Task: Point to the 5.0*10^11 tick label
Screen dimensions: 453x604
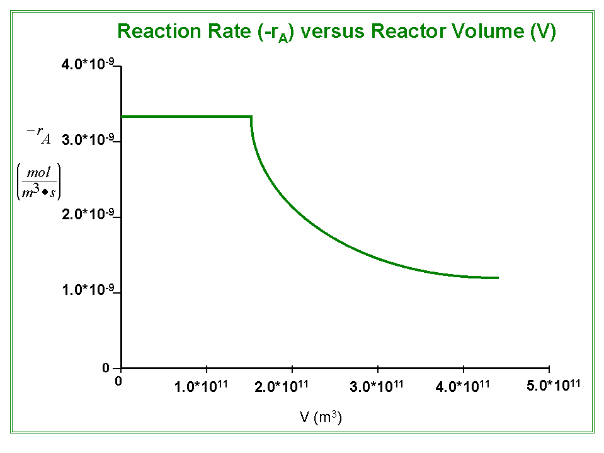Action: pyautogui.click(x=553, y=384)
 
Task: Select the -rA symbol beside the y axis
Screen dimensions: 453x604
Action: pyautogui.click(x=39, y=135)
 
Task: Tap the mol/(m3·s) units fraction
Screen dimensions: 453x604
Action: pyautogui.click(x=39, y=181)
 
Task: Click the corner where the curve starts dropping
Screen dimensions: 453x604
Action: pyautogui.click(x=252, y=117)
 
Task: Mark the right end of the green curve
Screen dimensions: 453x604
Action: pyautogui.click(x=498, y=277)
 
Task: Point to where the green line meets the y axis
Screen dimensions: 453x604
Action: pyautogui.click(x=122, y=117)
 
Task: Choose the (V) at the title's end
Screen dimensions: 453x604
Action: pyautogui.click(x=543, y=31)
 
